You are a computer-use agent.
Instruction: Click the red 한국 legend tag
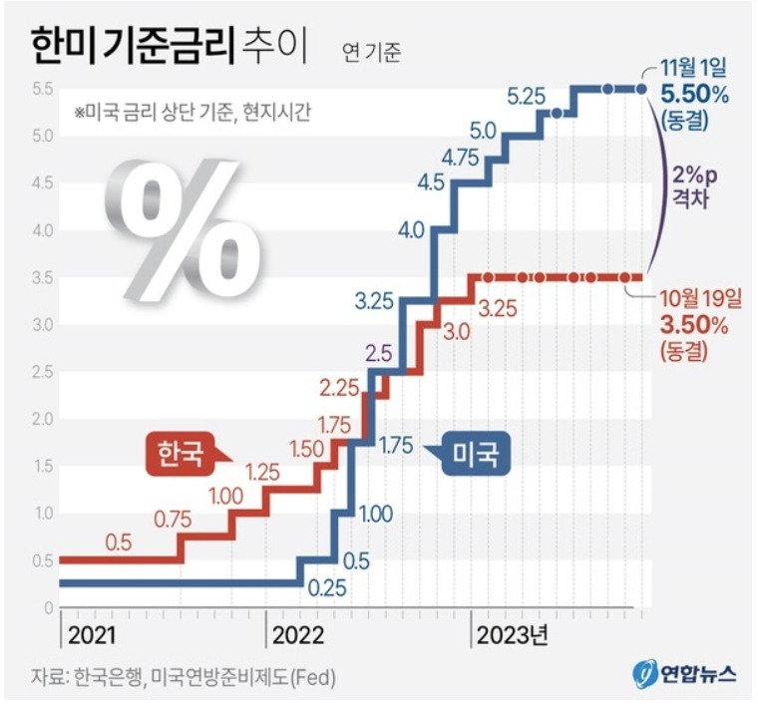(181, 454)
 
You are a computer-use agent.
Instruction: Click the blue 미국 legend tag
(474, 455)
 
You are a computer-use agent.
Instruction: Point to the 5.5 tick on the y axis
(39, 90)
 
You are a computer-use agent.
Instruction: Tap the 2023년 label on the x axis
(511, 635)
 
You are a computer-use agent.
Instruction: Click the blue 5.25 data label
(527, 97)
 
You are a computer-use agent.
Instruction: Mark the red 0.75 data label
(174, 519)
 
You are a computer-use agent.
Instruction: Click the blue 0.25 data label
(327, 587)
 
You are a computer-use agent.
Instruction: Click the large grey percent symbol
(184, 229)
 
